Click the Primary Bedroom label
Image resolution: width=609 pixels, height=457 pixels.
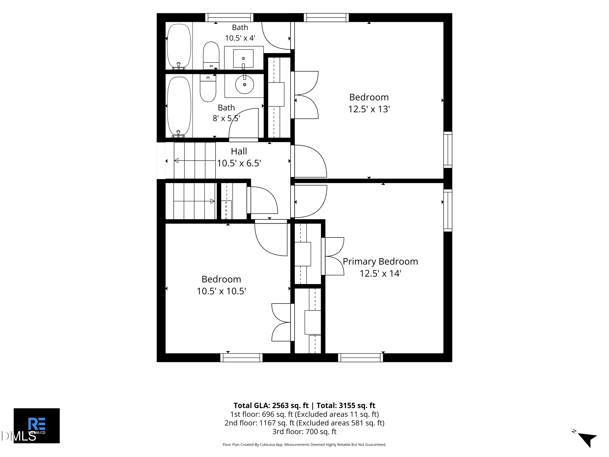(380, 261)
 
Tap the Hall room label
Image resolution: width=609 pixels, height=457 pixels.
(239, 151)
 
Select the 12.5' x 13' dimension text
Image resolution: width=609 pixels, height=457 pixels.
(369, 109)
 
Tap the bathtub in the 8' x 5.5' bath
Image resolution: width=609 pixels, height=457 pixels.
(179, 107)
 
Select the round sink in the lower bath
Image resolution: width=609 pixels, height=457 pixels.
(244, 84)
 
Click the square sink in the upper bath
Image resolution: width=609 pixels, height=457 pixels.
(243, 58)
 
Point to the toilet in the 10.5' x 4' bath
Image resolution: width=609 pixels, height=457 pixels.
(211, 56)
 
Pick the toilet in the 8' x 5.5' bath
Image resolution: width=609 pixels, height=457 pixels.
(208, 88)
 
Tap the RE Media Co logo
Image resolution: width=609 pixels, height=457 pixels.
(37, 426)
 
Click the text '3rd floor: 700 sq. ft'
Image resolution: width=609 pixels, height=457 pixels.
(304, 432)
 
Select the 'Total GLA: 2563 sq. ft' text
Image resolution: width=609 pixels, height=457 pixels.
(271, 405)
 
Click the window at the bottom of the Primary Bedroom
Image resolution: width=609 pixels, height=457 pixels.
(360, 357)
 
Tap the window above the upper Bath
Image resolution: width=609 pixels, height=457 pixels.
(229, 17)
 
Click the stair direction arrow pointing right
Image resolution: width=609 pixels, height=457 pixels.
(194, 201)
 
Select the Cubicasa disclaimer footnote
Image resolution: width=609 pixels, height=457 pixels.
(304, 444)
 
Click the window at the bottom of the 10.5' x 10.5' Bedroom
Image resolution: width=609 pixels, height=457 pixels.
(241, 357)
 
